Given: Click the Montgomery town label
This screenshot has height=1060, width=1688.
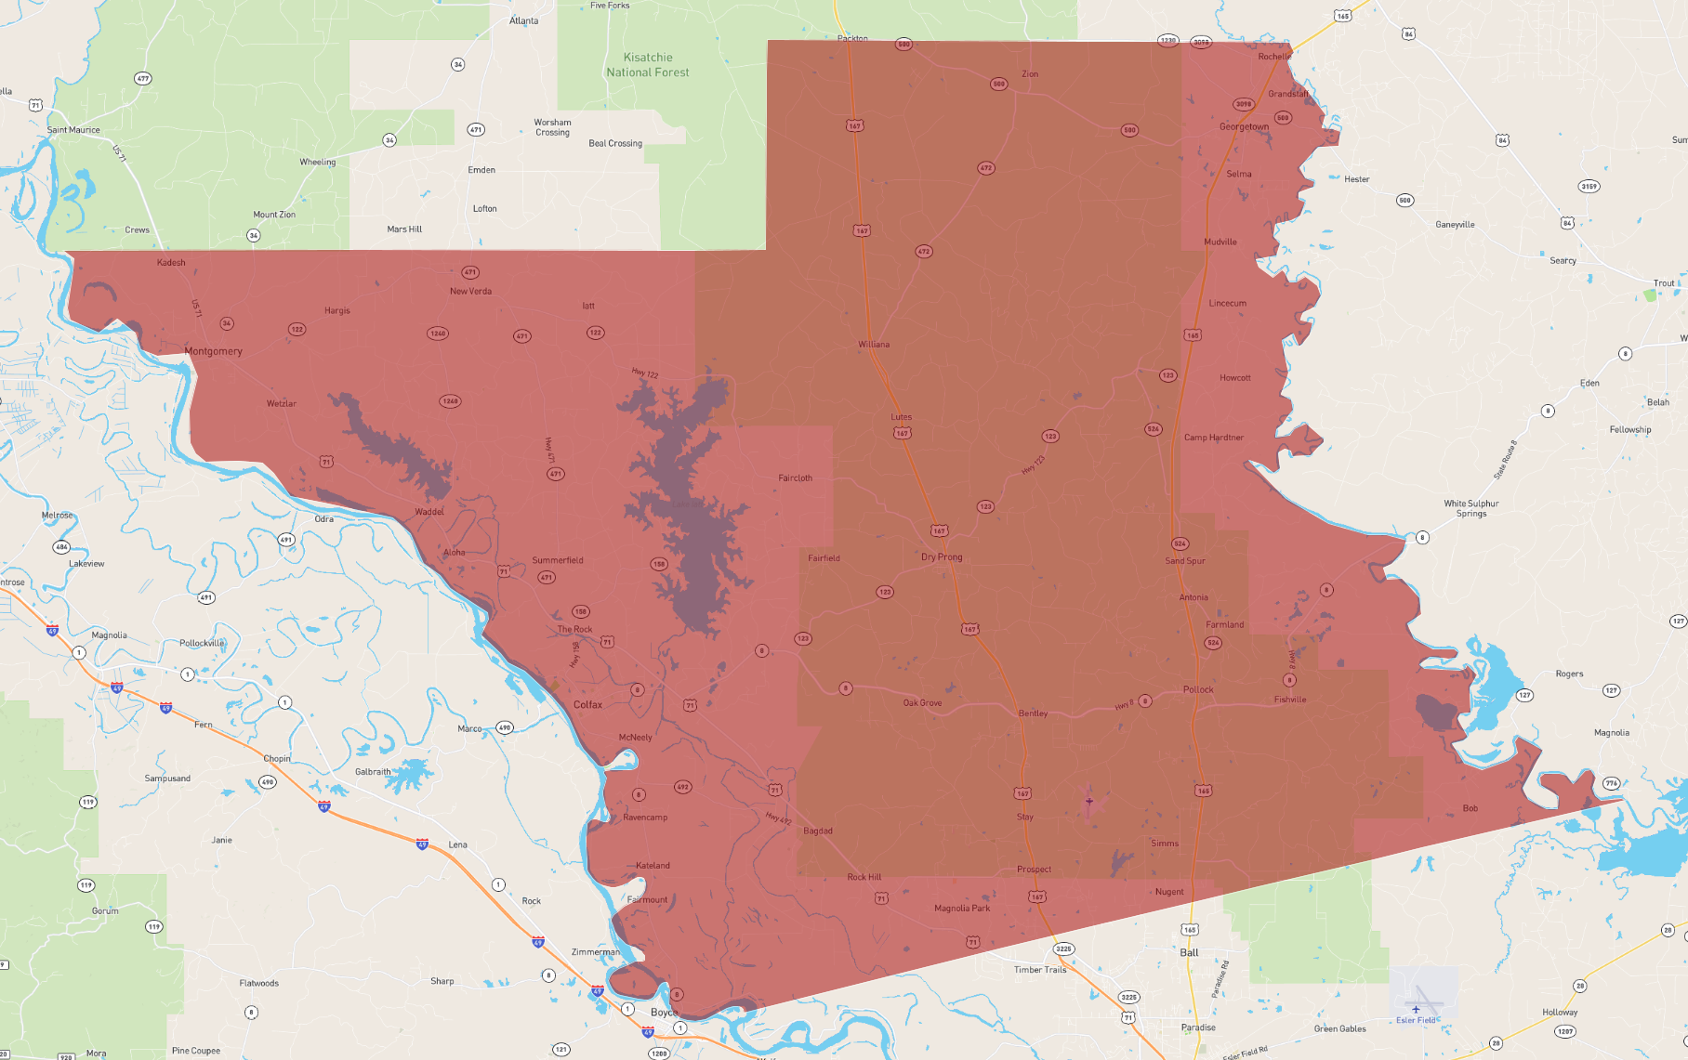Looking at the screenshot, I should [213, 351].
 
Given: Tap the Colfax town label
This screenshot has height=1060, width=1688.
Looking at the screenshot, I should [587, 704].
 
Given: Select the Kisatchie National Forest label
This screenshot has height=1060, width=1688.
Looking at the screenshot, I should [648, 65].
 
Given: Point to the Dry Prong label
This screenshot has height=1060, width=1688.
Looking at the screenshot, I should [942, 557].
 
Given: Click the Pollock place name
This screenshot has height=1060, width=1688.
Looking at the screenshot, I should [1198, 689].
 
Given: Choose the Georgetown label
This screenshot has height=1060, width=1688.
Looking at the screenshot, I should [1244, 127].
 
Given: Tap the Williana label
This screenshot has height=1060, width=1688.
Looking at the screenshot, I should [874, 345].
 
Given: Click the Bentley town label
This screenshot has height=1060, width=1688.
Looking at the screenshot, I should [1033, 713].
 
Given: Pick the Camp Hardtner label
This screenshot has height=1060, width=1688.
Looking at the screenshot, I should [1213, 438].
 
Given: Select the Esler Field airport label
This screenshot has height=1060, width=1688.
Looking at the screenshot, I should [1415, 1020].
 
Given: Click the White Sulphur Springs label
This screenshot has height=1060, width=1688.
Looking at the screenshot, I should [1470, 508].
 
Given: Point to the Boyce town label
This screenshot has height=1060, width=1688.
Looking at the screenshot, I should [664, 1013].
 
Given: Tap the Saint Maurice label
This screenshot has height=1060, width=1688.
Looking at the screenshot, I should [73, 130].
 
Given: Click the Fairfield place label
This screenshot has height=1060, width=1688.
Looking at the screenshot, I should [824, 558].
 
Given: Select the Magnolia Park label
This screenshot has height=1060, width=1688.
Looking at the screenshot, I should [962, 909].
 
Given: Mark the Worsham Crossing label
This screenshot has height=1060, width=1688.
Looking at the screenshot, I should [552, 127].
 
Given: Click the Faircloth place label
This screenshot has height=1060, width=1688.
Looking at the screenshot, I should [795, 478].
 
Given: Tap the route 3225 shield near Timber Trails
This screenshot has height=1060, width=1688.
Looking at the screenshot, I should [1063, 949].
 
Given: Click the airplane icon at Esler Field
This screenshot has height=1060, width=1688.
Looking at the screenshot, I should [1416, 1008].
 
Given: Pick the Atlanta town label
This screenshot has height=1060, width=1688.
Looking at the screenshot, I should [523, 20].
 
